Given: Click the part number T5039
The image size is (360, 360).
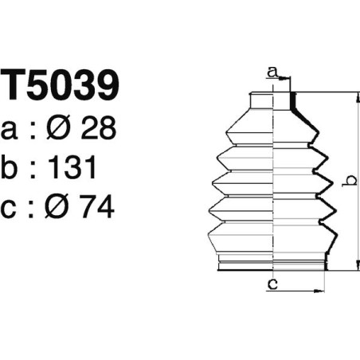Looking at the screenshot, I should tap(61, 86).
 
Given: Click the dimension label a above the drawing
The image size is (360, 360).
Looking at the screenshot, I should tap(273, 72).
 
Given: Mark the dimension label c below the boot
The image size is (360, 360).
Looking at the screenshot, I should tap(272, 284).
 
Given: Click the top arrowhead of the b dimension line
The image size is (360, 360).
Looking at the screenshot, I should tap(356, 96).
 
